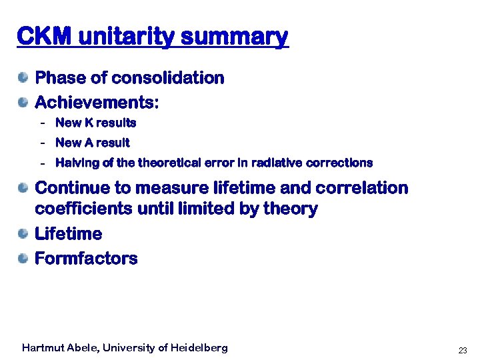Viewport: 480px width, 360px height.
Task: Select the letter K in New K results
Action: [x=87, y=123]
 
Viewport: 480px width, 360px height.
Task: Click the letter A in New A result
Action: [x=87, y=143]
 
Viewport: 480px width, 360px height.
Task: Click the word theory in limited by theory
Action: [x=290, y=209]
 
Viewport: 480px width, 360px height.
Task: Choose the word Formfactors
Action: [x=86, y=259]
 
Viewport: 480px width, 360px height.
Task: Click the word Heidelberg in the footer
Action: [x=199, y=348]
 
